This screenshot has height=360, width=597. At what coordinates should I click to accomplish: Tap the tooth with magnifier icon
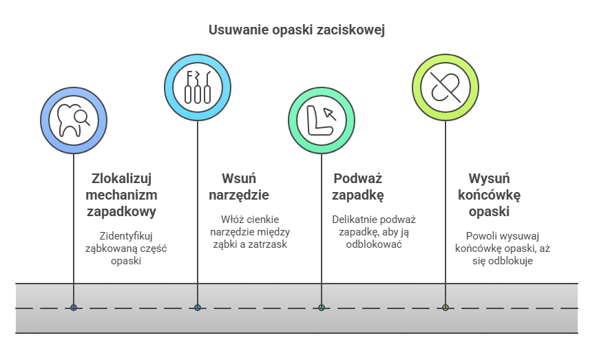[74, 120]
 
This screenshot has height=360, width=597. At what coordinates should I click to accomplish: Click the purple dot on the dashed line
[74, 308]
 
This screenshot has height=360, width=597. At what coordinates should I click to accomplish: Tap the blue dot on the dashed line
[198, 308]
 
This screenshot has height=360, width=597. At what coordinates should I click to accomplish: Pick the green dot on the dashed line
[322, 308]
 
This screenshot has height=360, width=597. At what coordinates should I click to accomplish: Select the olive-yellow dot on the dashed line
[446, 308]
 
